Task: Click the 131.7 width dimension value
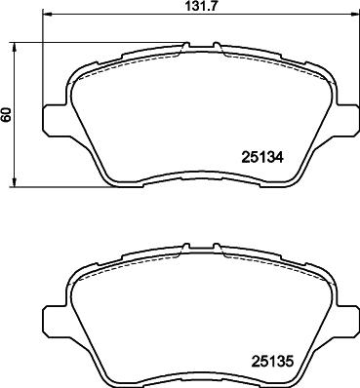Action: pyautogui.click(x=201, y=7)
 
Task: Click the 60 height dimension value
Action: pyautogui.click(x=7, y=114)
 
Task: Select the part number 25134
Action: pyautogui.click(x=262, y=158)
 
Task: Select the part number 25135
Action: pyautogui.click(x=272, y=361)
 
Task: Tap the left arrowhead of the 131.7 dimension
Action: pyautogui.click(x=48, y=14)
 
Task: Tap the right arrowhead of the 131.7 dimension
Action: pyautogui.click(x=353, y=14)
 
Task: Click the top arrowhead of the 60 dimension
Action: pyautogui.click(x=14, y=47)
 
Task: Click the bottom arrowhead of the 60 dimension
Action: pyautogui.click(x=14, y=182)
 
